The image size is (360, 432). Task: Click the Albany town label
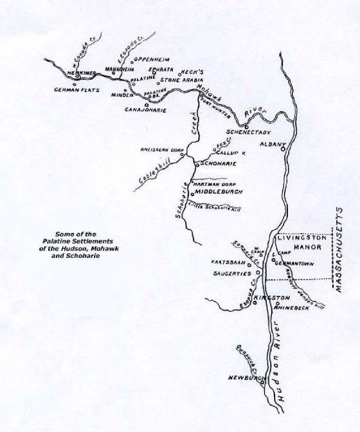point(269,145)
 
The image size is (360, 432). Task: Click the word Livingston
point(300,237)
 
